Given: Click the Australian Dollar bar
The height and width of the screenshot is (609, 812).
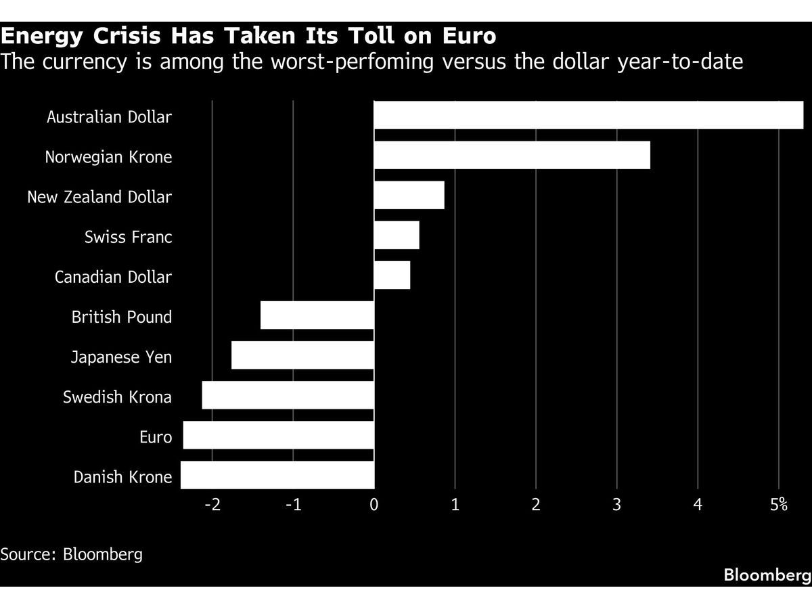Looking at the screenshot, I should point(589,115).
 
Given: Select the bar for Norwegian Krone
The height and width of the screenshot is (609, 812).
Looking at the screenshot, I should point(512,156).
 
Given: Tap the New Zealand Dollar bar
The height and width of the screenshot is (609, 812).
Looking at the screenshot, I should point(409,196).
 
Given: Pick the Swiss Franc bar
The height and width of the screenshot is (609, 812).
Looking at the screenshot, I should point(397,235).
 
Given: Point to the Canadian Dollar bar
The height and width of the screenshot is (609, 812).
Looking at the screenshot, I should point(392,275).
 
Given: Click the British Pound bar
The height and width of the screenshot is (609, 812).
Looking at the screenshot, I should point(317,315).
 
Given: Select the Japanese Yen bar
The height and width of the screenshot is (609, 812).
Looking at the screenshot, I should point(302,355).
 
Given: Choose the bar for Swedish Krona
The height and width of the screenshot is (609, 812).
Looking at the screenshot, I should point(288,395).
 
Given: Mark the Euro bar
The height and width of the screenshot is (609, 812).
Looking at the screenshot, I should point(279,435).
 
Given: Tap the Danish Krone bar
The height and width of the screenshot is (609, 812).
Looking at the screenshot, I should point(277,475).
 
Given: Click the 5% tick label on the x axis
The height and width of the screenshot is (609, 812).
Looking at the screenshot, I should point(780,504).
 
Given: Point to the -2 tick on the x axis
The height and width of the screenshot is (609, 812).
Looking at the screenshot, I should point(212,504).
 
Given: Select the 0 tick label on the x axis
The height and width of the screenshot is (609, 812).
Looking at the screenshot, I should point(374,504).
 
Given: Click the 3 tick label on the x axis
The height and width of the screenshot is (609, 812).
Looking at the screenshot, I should point(617,504).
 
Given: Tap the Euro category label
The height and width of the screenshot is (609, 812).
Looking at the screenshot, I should point(156,437).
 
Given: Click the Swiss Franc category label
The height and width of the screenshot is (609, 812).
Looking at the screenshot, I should point(128,238).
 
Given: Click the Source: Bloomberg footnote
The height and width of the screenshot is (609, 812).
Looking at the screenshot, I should point(72,554).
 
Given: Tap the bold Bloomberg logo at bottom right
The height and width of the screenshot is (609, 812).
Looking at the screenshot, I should point(767,575).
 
